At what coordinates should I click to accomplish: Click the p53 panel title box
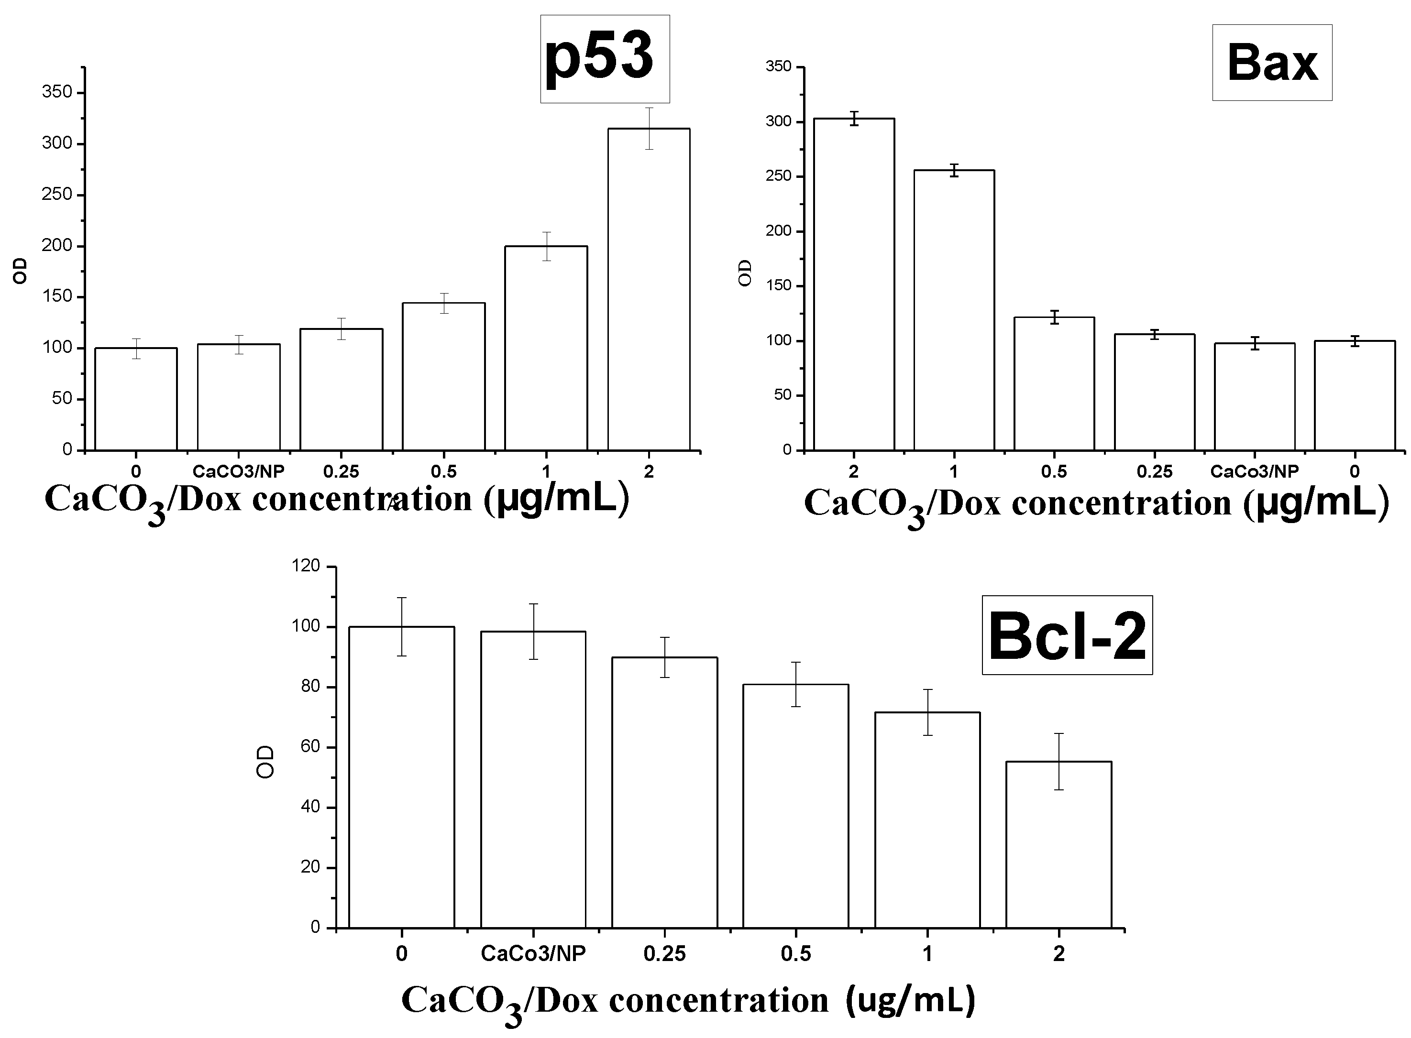(x=605, y=59)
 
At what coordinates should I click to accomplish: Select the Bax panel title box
(x=1271, y=63)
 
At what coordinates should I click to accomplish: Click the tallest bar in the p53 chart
(x=649, y=289)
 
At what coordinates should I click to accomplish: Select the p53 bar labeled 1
(x=546, y=348)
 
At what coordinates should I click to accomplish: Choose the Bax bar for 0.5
(x=1054, y=383)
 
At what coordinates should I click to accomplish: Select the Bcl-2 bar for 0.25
(x=664, y=792)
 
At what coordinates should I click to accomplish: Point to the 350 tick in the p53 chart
(x=56, y=92)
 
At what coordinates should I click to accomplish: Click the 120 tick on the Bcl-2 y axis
(x=306, y=566)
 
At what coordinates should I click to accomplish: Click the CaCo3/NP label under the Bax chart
(x=1254, y=471)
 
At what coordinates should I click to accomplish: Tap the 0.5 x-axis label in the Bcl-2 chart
(x=796, y=954)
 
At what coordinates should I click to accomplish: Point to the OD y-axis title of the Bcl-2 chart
(x=266, y=762)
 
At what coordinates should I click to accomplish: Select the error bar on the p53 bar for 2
(x=649, y=128)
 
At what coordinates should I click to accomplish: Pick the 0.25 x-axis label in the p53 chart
(x=342, y=471)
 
